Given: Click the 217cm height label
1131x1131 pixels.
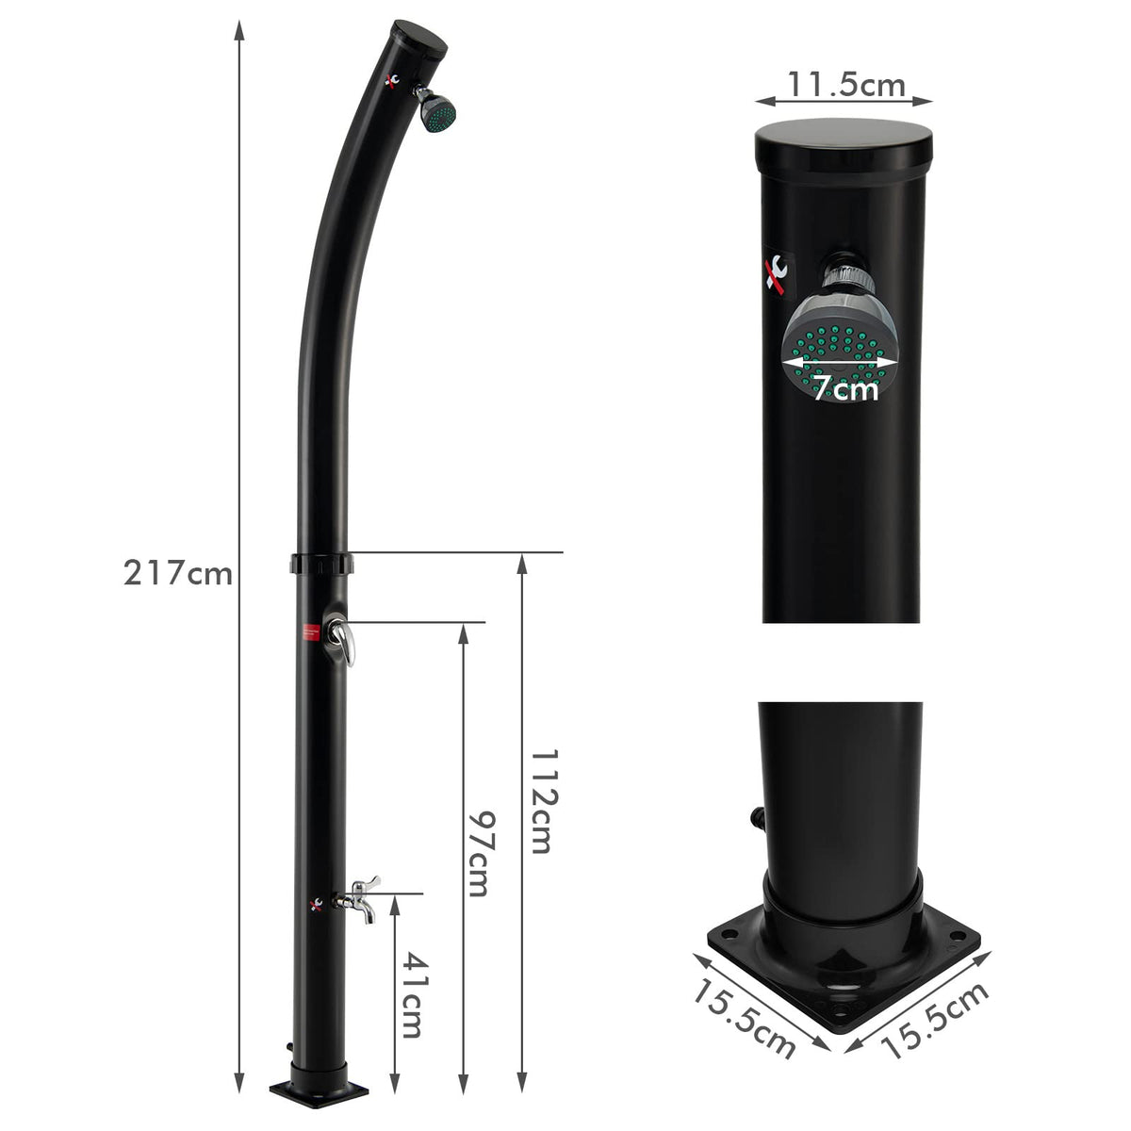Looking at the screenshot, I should pyautogui.click(x=177, y=572).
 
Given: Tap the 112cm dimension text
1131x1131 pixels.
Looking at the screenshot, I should pyautogui.click(x=540, y=801).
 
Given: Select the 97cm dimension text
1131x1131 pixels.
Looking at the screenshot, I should pyautogui.click(x=482, y=853).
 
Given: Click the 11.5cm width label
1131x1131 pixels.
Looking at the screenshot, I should pyautogui.click(x=845, y=85).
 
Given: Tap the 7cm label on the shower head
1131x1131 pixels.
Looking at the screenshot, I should pyautogui.click(x=844, y=386).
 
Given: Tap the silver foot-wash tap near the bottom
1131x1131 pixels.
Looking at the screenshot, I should pyautogui.click(x=363, y=896).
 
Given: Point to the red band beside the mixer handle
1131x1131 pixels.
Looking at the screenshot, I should pyautogui.click(x=307, y=631).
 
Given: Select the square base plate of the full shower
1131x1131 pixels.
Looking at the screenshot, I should pyautogui.click(x=319, y=1091).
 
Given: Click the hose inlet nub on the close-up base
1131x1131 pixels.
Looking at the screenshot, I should pyautogui.click(x=755, y=816).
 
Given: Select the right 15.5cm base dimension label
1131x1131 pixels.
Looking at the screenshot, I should pyautogui.click(x=936, y=1020).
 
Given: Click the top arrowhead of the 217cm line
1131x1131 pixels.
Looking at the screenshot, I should pyautogui.click(x=239, y=28).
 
